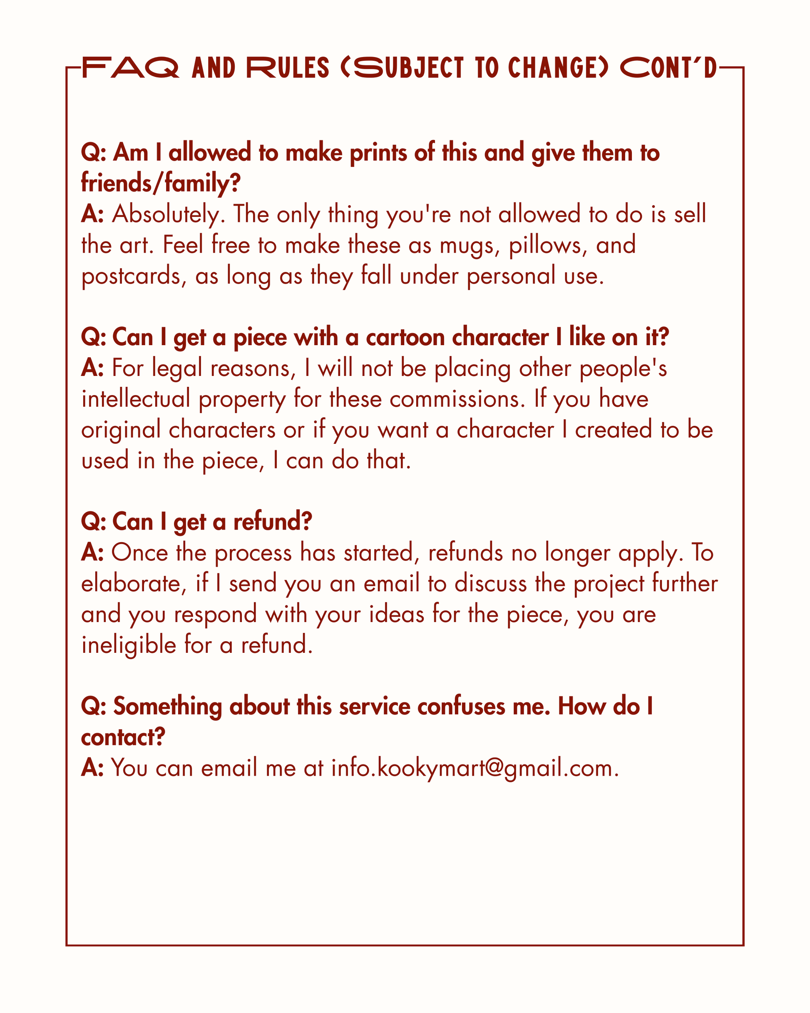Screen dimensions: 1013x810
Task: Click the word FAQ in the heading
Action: pos(130,68)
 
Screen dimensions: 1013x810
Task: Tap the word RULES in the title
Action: pos(288,68)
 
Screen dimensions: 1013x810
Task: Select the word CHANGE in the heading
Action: pos(553,68)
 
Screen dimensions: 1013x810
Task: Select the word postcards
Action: pos(131,276)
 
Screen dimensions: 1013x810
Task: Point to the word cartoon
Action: pos(405,337)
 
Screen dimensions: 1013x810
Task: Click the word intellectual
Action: pos(135,399)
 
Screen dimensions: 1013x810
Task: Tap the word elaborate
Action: pos(131,584)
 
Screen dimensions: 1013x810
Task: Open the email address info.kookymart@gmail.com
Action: pos(475,768)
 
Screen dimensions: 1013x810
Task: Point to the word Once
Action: pos(139,553)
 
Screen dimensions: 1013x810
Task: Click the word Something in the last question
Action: pos(167,707)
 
